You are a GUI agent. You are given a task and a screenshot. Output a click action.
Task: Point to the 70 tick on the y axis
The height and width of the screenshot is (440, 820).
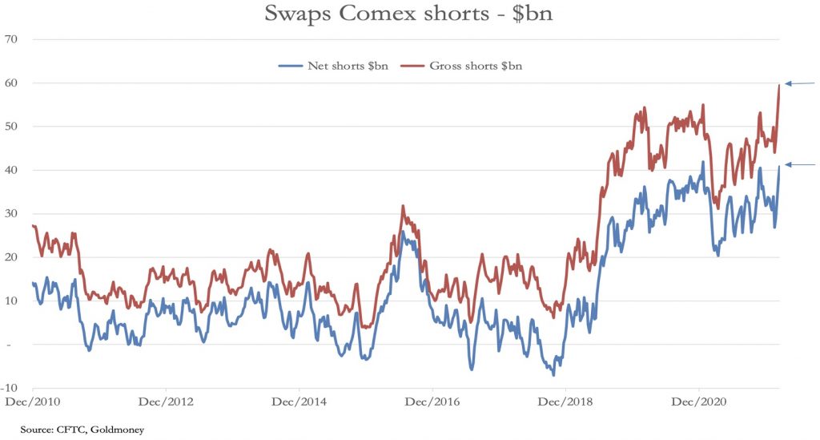point(11,38)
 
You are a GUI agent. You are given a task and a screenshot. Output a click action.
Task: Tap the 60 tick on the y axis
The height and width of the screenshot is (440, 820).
point(11,83)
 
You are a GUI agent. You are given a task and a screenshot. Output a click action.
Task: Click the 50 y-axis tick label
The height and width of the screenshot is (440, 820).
point(11,126)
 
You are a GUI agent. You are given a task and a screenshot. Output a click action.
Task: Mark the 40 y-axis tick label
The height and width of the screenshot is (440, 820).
point(11,170)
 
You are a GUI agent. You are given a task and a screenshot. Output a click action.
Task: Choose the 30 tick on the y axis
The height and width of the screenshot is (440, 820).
point(11,213)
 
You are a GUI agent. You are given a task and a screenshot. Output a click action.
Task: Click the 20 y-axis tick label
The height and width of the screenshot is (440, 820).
point(11,257)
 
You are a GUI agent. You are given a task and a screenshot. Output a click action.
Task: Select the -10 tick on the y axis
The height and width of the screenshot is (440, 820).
point(11,389)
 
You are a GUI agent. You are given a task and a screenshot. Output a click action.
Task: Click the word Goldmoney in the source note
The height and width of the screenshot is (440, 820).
point(118,430)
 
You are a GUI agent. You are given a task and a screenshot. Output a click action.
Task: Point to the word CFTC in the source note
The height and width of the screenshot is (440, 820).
point(68,430)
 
